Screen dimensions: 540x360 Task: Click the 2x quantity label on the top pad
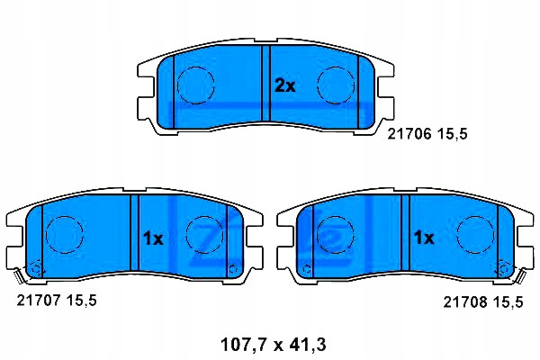(284, 86)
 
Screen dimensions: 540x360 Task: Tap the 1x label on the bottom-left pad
(153, 238)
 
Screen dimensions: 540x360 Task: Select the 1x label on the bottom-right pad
(424, 238)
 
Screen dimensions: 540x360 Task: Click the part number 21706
(409, 134)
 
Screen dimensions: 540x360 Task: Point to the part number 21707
(38, 301)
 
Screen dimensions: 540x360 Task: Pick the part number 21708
(464, 302)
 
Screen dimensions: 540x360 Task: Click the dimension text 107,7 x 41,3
(273, 345)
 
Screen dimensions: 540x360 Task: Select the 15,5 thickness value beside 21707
(81, 301)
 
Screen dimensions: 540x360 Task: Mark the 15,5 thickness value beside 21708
(508, 302)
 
